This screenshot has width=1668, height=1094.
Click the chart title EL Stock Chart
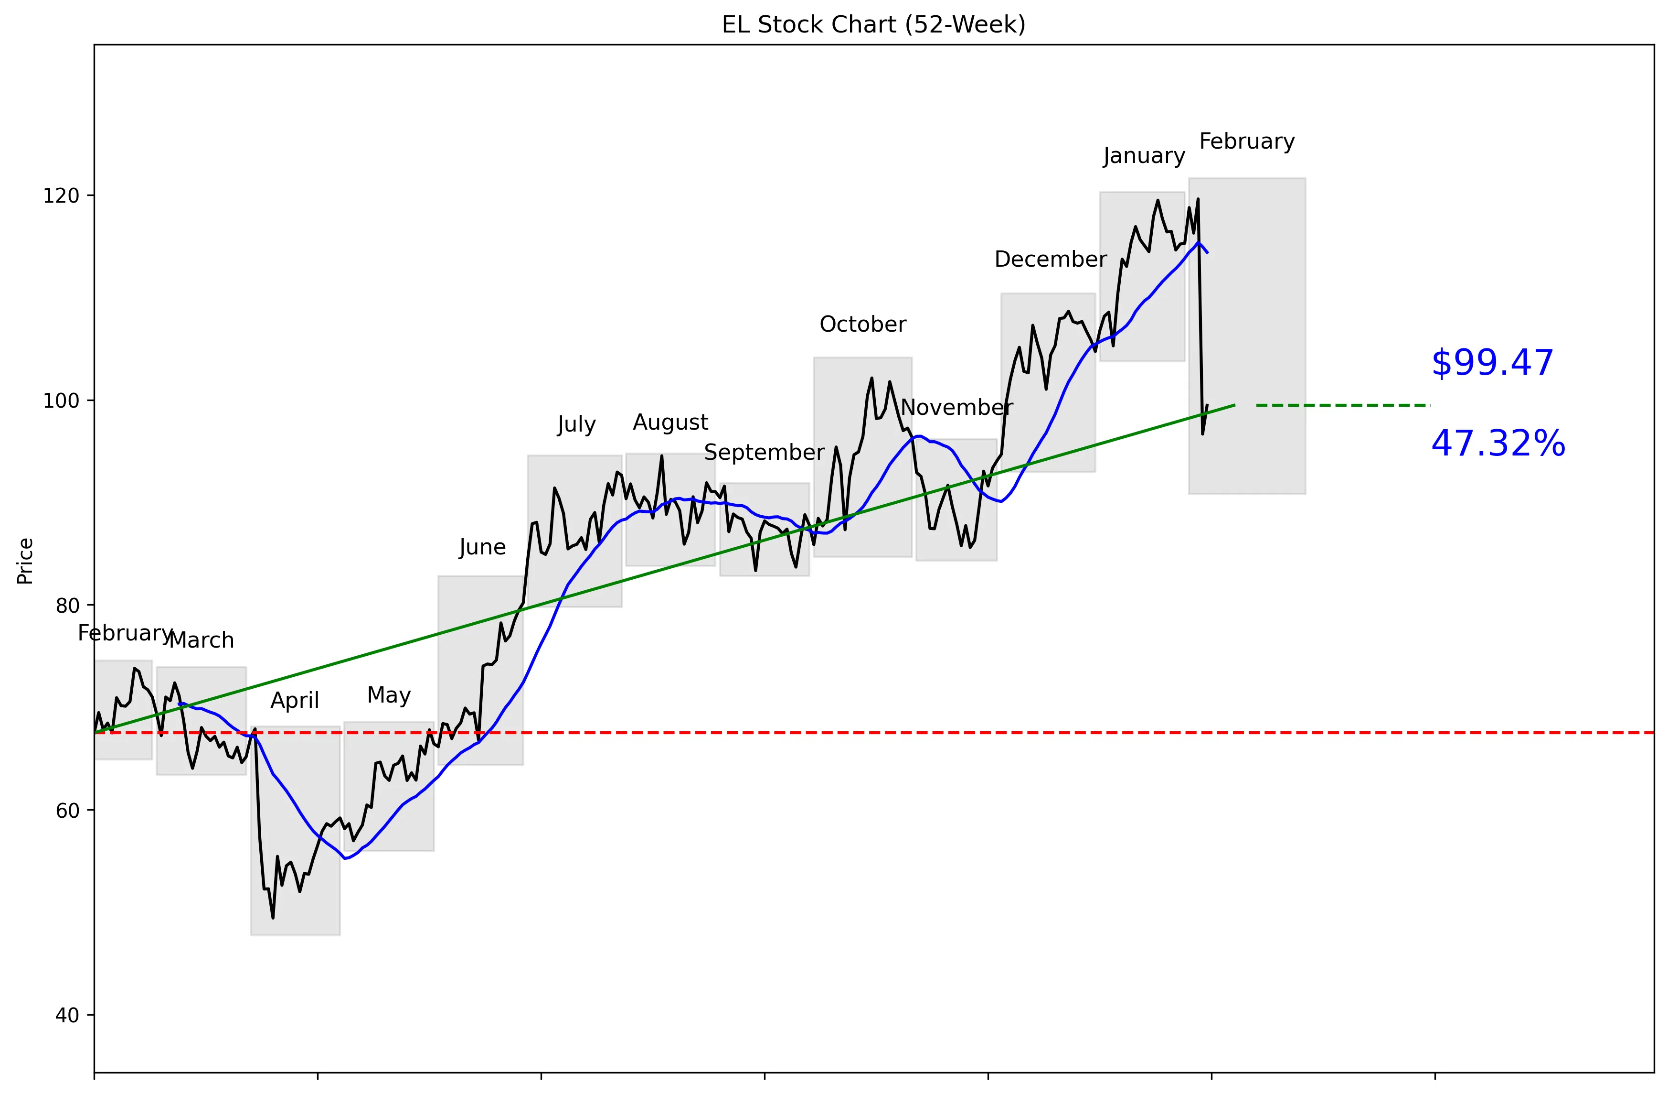pos(873,24)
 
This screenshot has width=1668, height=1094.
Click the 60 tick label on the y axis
pos(66,811)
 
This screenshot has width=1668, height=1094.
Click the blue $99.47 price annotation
pos(1492,363)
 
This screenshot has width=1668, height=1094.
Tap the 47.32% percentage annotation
pos(1498,444)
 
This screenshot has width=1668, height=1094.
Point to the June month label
pos(482,547)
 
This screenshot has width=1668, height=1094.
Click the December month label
pos(1050,260)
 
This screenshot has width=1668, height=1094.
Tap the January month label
pos(1144,156)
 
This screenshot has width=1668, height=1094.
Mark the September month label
pos(764,452)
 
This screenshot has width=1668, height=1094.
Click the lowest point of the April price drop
pos(273,917)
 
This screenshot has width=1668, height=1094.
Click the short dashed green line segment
pos(1342,405)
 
